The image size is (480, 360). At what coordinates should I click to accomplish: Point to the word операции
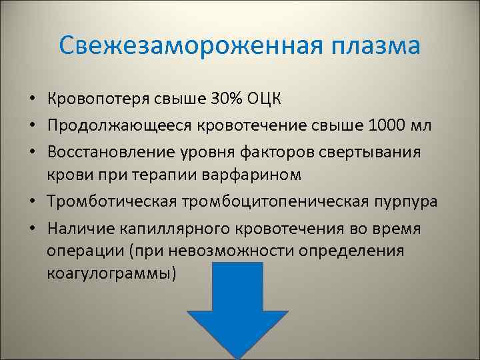(x=87, y=251)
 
